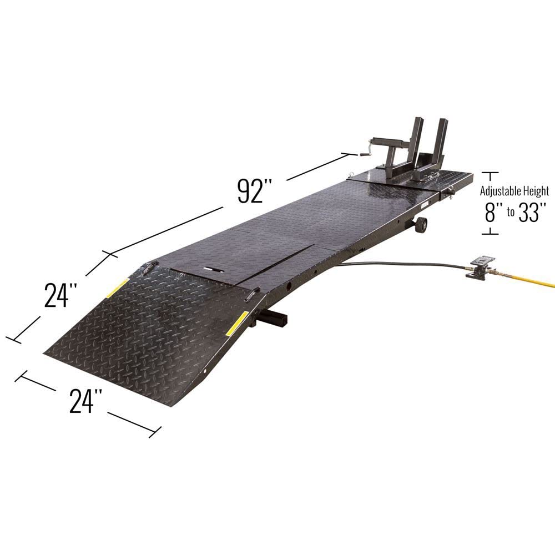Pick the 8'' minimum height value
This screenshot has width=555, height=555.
click(x=490, y=213)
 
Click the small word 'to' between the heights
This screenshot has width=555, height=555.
click(x=509, y=214)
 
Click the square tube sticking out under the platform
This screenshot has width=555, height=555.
click(x=277, y=319)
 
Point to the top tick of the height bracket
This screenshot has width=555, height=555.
click(x=490, y=173)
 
